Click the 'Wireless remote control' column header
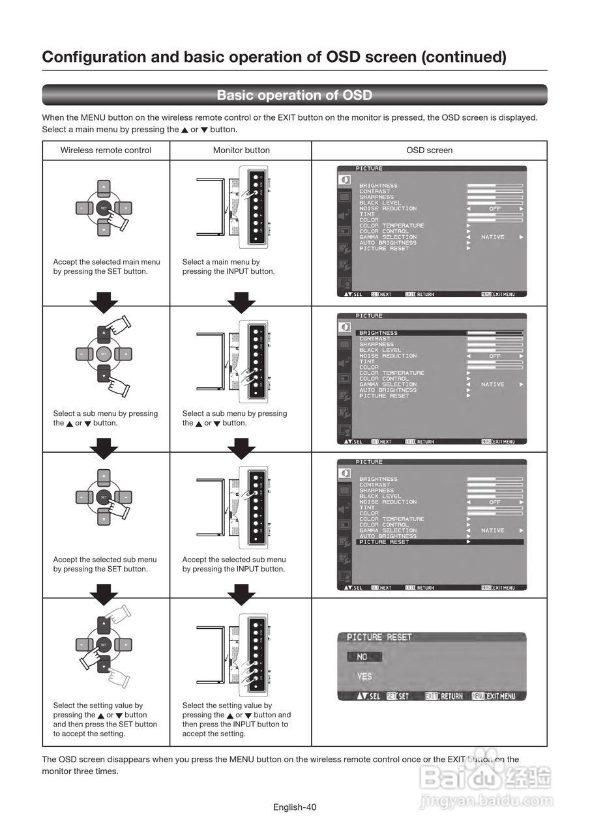(106, 151)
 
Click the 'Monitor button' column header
(241, 151)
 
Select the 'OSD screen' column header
(429, 151)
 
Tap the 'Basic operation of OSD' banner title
(295, 95)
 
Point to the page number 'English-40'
(295, 807)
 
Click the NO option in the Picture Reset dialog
(362, 657)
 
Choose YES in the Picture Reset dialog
(364, 676)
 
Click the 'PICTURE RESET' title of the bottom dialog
(379, 637)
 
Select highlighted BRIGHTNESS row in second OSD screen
(378, 333)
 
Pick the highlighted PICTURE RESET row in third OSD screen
(385, 542)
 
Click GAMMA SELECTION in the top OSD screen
(388, 237)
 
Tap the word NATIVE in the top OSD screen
(493, 237)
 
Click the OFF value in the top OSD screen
(495, 208)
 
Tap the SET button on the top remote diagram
(104, 208)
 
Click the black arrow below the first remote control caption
(104, 300)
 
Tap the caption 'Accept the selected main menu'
(106, 262)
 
